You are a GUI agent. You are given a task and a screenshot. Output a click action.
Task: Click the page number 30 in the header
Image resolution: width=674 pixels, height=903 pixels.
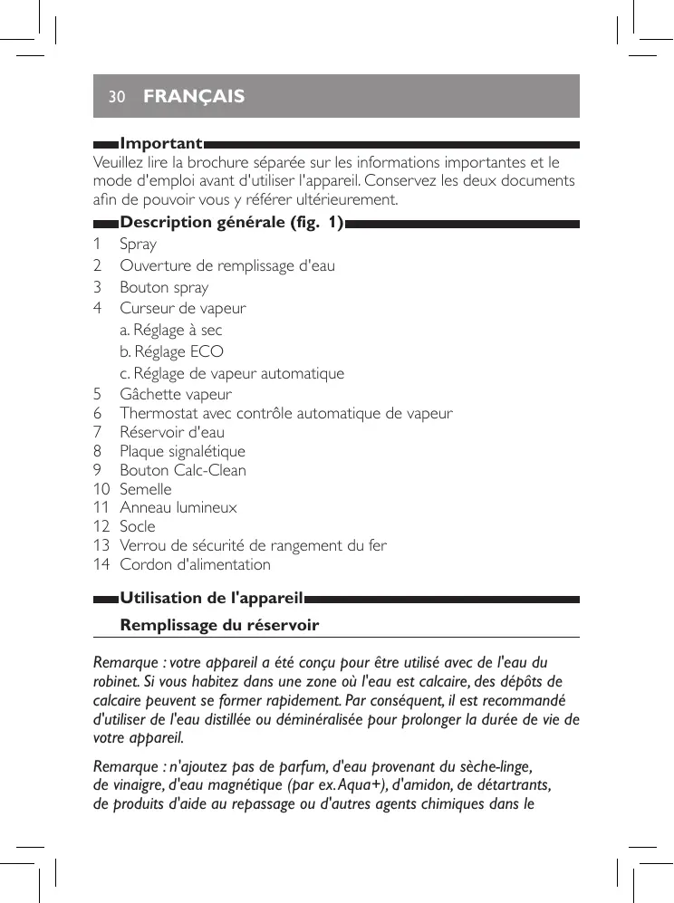click(115, 96)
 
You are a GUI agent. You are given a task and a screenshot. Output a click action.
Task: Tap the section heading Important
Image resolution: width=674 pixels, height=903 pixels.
click(161, 144)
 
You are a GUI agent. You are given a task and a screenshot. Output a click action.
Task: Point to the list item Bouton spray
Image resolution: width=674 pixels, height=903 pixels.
click(164, 287)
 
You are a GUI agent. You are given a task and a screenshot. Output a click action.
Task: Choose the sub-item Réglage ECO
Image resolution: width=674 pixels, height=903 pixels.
click(172, 351)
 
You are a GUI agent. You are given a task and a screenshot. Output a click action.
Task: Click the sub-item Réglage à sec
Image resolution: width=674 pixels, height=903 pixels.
click(171, 331)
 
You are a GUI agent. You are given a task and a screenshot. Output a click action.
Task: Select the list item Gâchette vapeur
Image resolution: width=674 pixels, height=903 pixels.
click(176, 395)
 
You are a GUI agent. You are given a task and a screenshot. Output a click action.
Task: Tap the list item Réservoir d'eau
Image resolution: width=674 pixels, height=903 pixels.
click(172, 432)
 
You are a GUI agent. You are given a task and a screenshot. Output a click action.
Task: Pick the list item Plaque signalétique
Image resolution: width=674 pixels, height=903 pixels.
click(182, 451)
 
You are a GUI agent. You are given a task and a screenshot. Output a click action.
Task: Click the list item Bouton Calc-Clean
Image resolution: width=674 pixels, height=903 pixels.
click(183, 470)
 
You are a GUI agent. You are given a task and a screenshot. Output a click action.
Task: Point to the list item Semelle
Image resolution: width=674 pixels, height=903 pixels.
click(146, 489)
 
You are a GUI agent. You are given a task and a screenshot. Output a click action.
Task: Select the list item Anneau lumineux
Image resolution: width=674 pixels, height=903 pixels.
click(178, 507)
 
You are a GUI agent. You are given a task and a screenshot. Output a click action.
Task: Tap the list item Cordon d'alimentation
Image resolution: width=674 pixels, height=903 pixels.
click(195, 564)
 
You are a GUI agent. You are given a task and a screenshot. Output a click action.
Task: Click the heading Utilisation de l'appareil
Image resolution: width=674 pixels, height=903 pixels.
click(211, 598)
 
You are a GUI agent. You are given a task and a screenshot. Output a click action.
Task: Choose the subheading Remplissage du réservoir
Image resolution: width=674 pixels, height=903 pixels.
click(219, 626)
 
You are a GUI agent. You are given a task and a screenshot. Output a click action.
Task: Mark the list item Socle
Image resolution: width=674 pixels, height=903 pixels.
click(138, 526)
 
